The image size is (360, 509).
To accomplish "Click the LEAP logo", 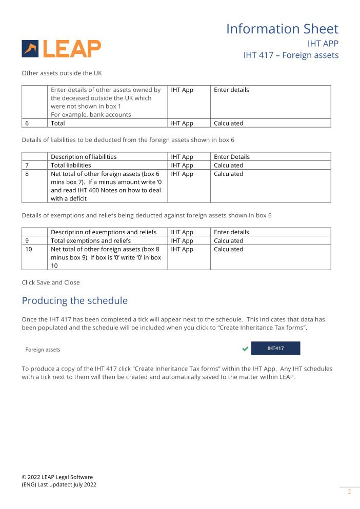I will (62, 49).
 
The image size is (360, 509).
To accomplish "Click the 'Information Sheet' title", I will (282, 29).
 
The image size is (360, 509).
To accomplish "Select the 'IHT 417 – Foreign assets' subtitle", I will (291, 55).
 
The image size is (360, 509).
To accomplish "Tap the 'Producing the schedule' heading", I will (74, 300).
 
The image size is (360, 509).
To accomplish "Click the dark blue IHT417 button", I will (275, 349).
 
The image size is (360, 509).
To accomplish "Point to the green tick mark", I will (245, 349).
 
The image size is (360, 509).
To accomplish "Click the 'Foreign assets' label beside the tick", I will (43, 350).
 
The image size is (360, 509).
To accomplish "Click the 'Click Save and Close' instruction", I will (50, 282).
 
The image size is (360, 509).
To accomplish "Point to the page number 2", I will (349, 492).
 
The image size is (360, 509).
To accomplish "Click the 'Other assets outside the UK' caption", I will (62, 73).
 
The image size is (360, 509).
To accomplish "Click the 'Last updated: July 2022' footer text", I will (67, 484).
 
